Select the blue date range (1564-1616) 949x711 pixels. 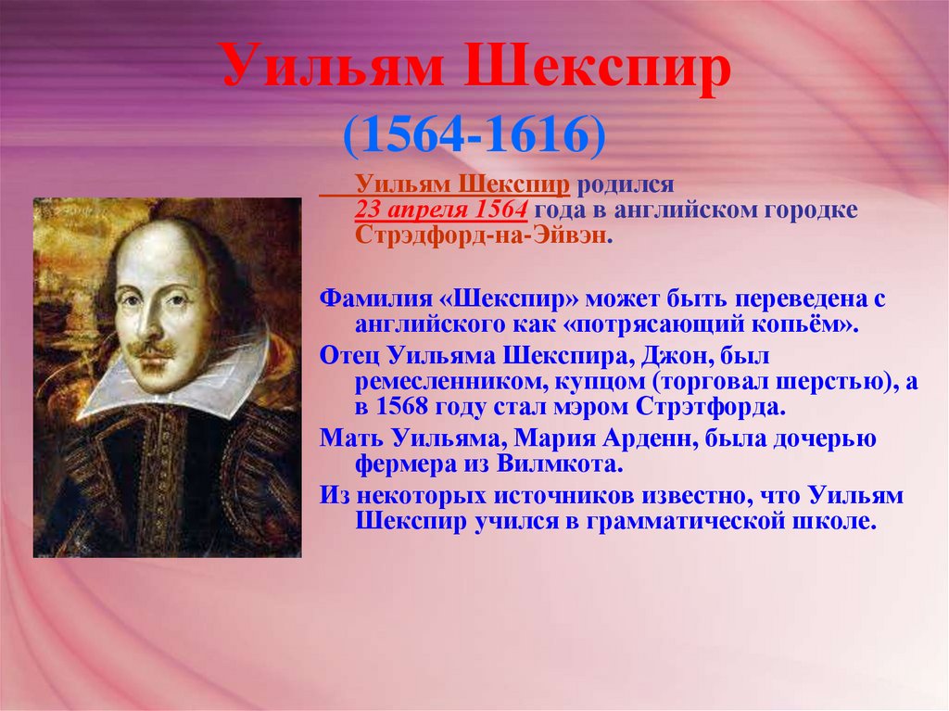(474, 134)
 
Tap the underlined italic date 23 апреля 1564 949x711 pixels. (441, 209)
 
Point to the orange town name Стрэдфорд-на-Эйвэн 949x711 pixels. (481, 235)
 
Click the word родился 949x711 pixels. (626, 184)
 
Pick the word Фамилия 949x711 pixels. (376, 298)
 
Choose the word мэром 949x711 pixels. (596, 407)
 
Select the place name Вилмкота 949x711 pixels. (560, 464)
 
